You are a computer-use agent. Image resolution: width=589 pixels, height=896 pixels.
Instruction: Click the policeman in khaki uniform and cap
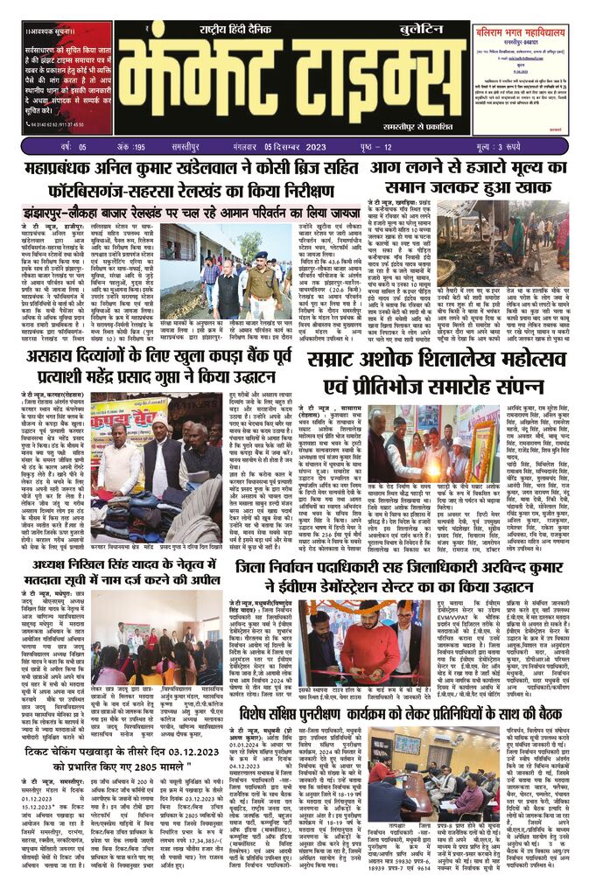click(x=260, y=275)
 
